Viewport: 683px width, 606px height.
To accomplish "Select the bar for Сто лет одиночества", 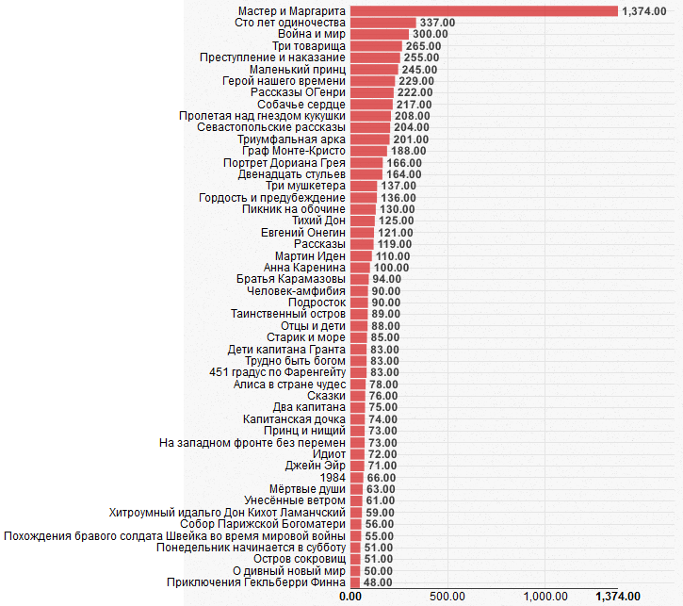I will pyautogui.click(x=382, y=22).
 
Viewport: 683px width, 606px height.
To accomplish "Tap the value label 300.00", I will pyautogui.click(x=429, y=34).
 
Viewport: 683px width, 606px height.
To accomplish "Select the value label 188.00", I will pyautogui.click(x=408, y=151).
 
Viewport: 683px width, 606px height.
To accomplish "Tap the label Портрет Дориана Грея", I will pyautogui.click(x=285, y=162).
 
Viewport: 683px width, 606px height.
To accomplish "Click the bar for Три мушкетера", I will pyautogui.click(x=363, y=186).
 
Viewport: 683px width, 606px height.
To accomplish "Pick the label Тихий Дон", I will pyautogui.click(x=319, y=221).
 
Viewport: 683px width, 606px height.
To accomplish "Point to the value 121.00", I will pyautogui.click(x=396, y=232).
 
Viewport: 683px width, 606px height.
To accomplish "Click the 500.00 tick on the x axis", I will pyautogui.click(x=446, y=596).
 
